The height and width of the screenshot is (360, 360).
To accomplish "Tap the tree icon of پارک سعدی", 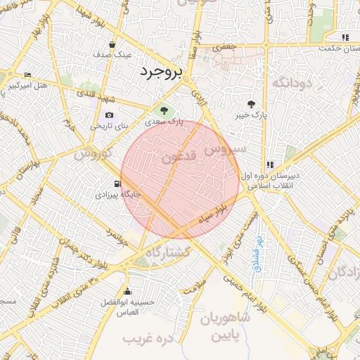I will (164, 110).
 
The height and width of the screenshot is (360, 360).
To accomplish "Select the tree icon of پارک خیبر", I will (251, 104).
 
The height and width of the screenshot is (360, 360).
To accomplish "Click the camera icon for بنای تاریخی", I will (109, 115).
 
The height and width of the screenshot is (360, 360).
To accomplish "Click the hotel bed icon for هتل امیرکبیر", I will (27, 75).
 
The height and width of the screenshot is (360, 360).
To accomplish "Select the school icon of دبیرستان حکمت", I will (345, 37).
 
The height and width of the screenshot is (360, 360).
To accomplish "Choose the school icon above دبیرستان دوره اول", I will (271, 165).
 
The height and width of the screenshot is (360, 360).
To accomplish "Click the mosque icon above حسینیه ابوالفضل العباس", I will (127, 292).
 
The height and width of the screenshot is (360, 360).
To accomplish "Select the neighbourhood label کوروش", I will (89, 153).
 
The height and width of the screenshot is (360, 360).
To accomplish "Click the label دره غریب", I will (148, 339).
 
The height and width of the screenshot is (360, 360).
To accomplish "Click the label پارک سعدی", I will (169, 122).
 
